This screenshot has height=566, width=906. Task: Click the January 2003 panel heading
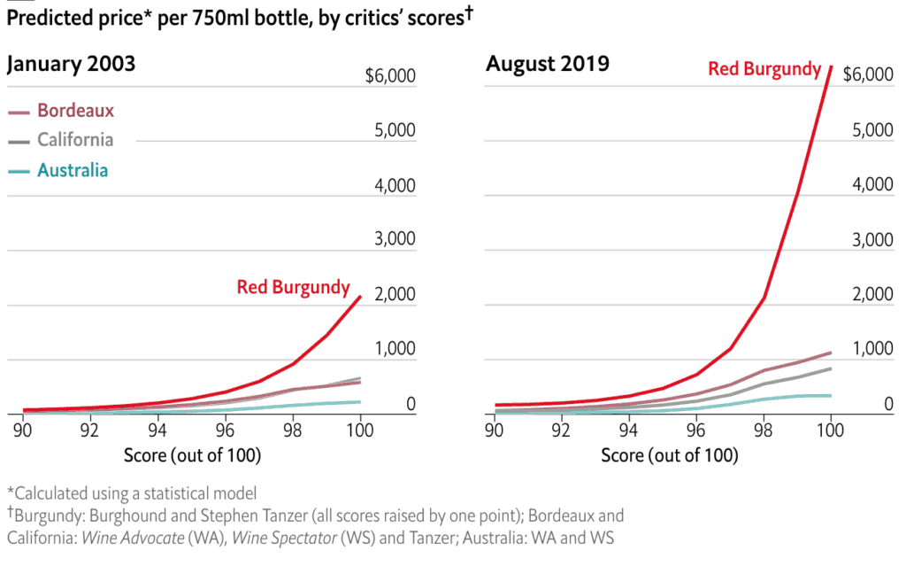coord(72,65)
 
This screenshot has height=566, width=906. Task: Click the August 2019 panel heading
coord(547,65)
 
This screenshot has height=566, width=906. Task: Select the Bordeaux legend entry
coord(75,111)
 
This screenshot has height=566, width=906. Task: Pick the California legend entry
coord(74,139)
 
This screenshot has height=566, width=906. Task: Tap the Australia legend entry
coord(73,169)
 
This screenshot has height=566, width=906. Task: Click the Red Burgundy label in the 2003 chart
coord(293,287)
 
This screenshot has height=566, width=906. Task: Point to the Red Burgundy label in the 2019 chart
coord(764,68)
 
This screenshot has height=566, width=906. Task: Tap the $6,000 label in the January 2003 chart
coord(390,75)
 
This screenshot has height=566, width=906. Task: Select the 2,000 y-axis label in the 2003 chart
coord(392,295)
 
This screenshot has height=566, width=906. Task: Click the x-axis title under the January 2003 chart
coord(192,455)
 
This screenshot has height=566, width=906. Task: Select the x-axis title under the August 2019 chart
coord(669,455)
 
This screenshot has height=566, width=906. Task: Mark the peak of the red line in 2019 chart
coord(830,66)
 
